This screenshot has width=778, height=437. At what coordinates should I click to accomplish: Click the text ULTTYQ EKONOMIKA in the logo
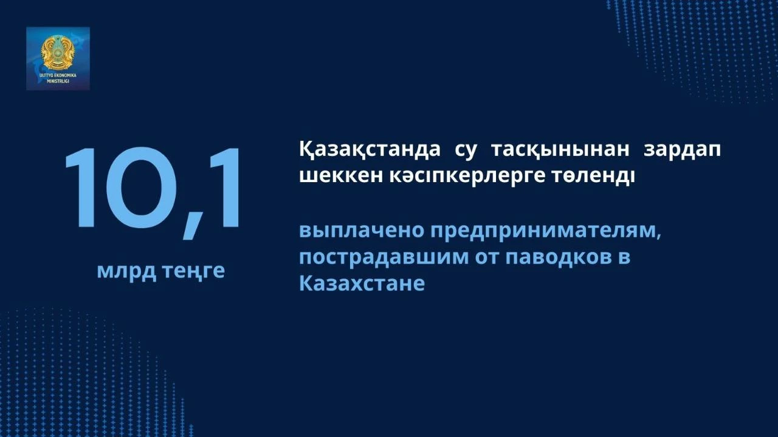58,75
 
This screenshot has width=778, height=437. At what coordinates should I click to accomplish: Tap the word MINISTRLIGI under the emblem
58,81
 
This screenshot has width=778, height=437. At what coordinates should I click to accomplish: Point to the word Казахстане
362,283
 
